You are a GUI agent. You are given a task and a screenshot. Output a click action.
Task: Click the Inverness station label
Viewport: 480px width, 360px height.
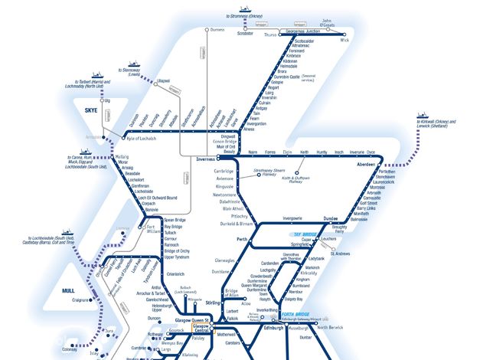208,159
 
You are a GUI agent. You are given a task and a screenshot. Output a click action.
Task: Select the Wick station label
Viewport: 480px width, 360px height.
344,41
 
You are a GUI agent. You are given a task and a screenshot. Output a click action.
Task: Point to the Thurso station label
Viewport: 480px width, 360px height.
269,35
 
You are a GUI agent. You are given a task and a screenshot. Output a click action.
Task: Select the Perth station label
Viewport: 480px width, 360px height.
243,241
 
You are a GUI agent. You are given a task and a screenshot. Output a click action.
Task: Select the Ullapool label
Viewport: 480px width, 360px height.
162,80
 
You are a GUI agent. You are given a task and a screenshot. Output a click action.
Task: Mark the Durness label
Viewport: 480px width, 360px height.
217,30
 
